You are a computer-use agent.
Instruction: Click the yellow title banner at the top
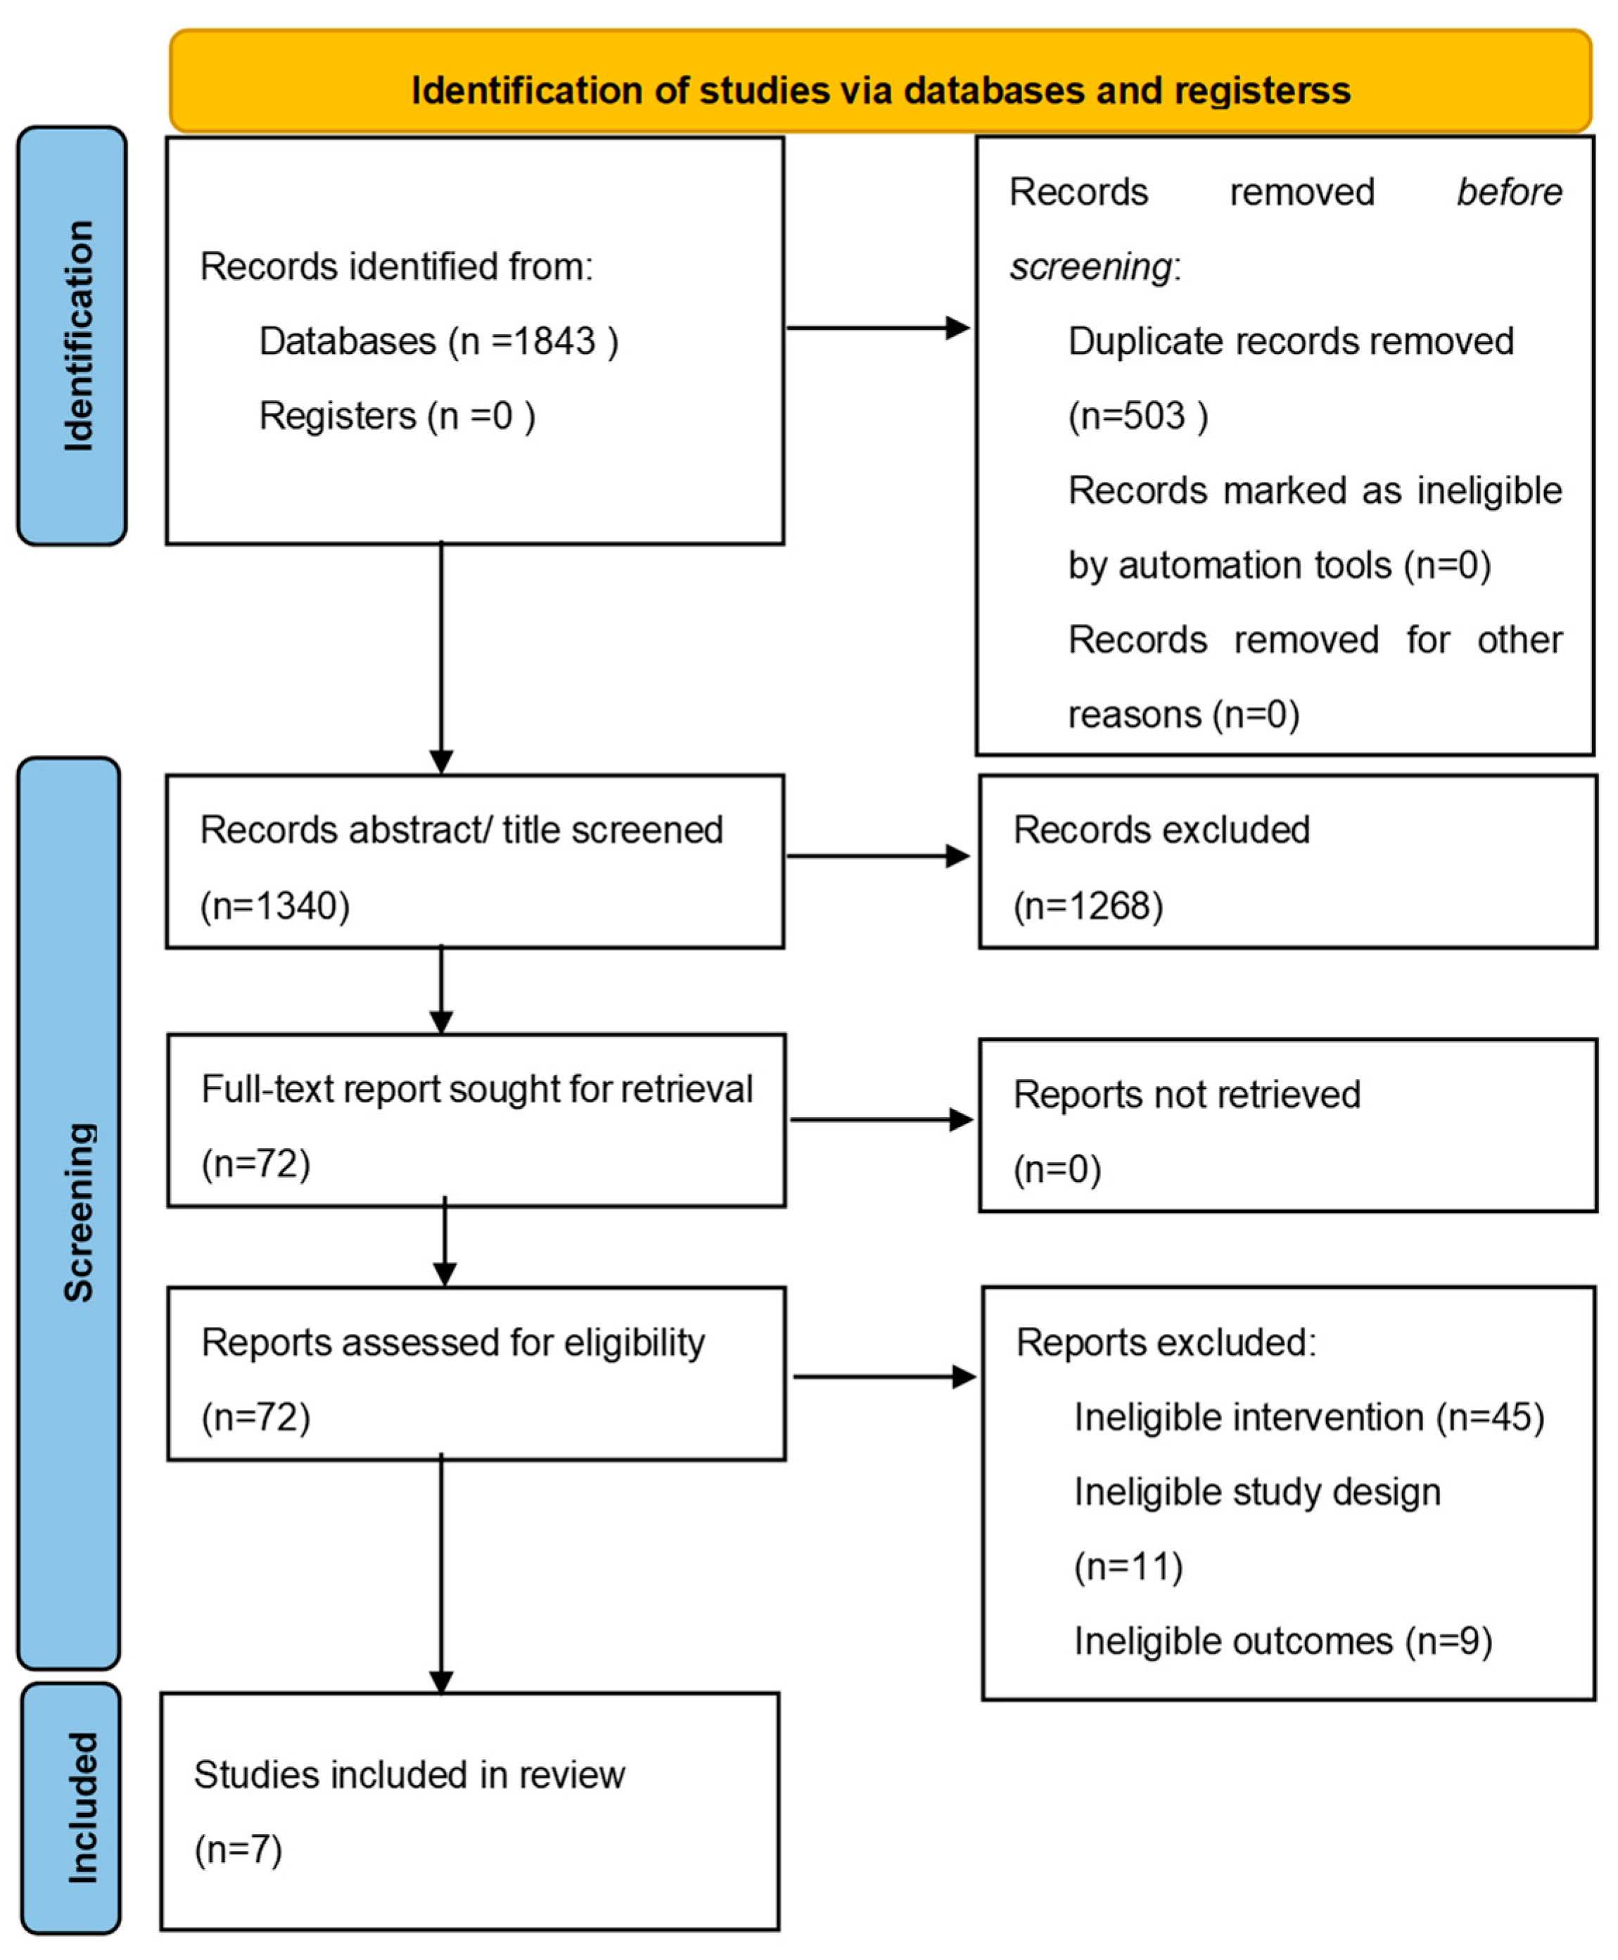[880, 81]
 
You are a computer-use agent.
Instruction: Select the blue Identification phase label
[72, 336]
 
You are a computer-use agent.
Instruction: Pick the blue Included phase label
[71, 1808]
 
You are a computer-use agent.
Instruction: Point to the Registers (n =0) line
[397, 416]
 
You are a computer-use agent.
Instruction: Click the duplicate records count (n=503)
[1138, 416]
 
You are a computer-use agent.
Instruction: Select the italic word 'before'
[1510, 192]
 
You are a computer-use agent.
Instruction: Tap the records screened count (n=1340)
[275, 906]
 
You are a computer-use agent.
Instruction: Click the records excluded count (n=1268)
[1088, 906]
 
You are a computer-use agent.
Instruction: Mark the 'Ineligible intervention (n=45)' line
[1309, 1418]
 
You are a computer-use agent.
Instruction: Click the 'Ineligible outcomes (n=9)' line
[1283, 1641]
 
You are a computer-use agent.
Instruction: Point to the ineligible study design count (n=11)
[1128, 1567]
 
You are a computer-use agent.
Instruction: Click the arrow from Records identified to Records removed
[879, 328]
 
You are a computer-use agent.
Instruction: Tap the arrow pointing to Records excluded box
[879, 855]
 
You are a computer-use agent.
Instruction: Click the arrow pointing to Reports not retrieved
[881, 1119]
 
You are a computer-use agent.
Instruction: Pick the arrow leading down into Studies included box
[442, 1574]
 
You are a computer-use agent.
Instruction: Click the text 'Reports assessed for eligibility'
[453, 1343]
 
